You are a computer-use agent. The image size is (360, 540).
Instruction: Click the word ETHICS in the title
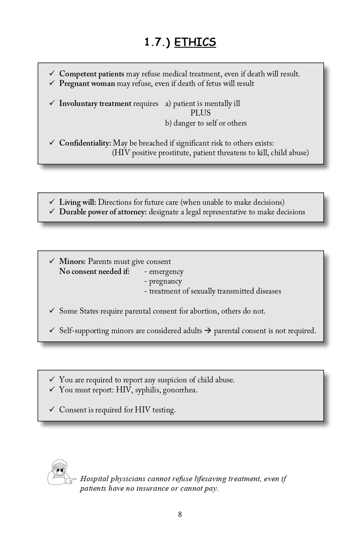[195, 42]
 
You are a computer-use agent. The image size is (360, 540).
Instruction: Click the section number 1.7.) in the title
[157, 42]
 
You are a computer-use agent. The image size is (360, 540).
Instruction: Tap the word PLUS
[200, 113]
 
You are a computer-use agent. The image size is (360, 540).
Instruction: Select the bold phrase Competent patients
[92, 74]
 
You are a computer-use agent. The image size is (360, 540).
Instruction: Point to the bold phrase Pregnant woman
[87, 84]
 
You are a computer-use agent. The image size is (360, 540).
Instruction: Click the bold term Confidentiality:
[85, 143]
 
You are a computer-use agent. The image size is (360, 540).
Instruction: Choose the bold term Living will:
[77, 202]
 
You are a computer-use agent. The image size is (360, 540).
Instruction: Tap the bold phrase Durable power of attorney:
[103, 212]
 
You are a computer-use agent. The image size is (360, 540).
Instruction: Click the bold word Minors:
[72, 262]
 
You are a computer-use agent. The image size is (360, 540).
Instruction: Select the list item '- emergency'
[164, 272]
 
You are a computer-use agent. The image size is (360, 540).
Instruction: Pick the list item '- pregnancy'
[163, 281]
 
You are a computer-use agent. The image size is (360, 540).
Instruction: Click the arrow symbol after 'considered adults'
[208, 331]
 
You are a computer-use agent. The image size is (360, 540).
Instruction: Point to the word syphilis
[147, 390]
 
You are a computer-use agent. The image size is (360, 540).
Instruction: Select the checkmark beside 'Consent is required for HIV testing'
[52, 410]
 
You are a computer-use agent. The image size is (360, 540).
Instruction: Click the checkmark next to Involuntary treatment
[52, 103]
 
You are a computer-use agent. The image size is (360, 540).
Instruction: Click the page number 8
[180, 514]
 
